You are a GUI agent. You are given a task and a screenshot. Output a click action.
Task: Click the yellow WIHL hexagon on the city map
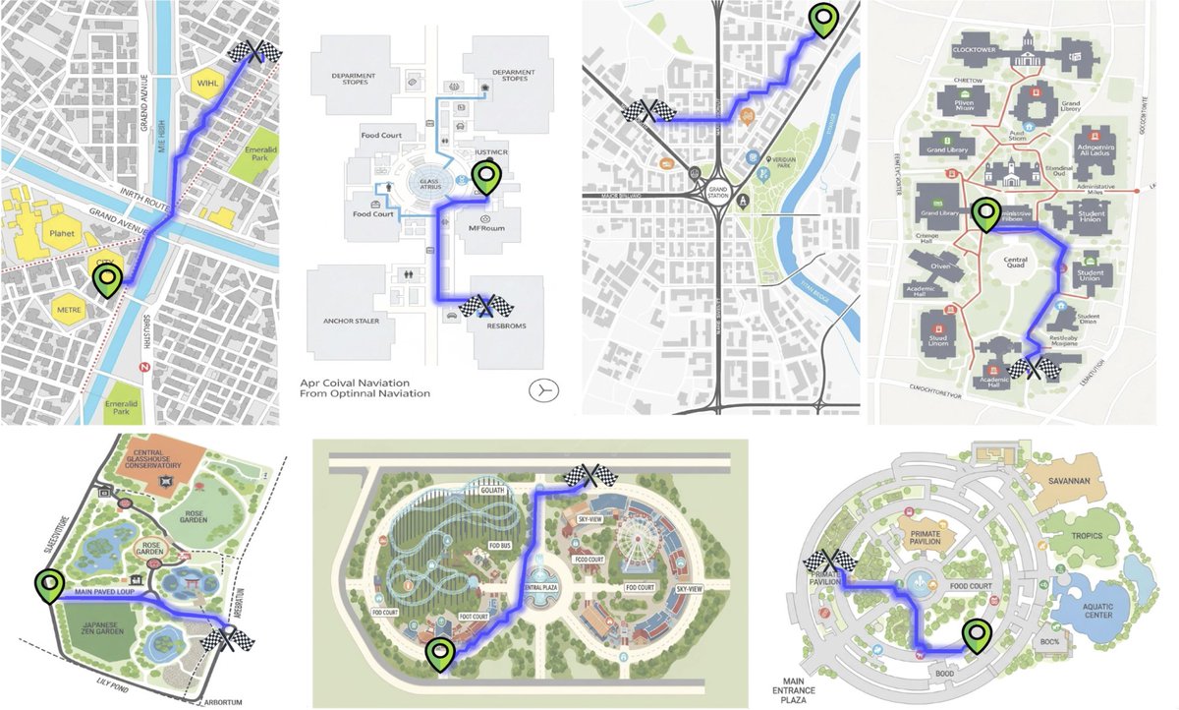click(207, 83)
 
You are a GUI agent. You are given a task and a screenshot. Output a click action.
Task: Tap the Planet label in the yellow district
click(61, 235)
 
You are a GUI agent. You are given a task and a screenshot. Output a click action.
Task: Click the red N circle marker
click(144, 367)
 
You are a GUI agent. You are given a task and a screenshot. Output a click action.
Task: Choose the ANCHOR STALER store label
click(351, 321)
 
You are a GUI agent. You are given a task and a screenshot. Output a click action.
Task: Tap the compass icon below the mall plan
click(542, 388)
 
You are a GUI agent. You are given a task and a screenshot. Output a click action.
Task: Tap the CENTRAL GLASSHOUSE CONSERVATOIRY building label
click(161, 462)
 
